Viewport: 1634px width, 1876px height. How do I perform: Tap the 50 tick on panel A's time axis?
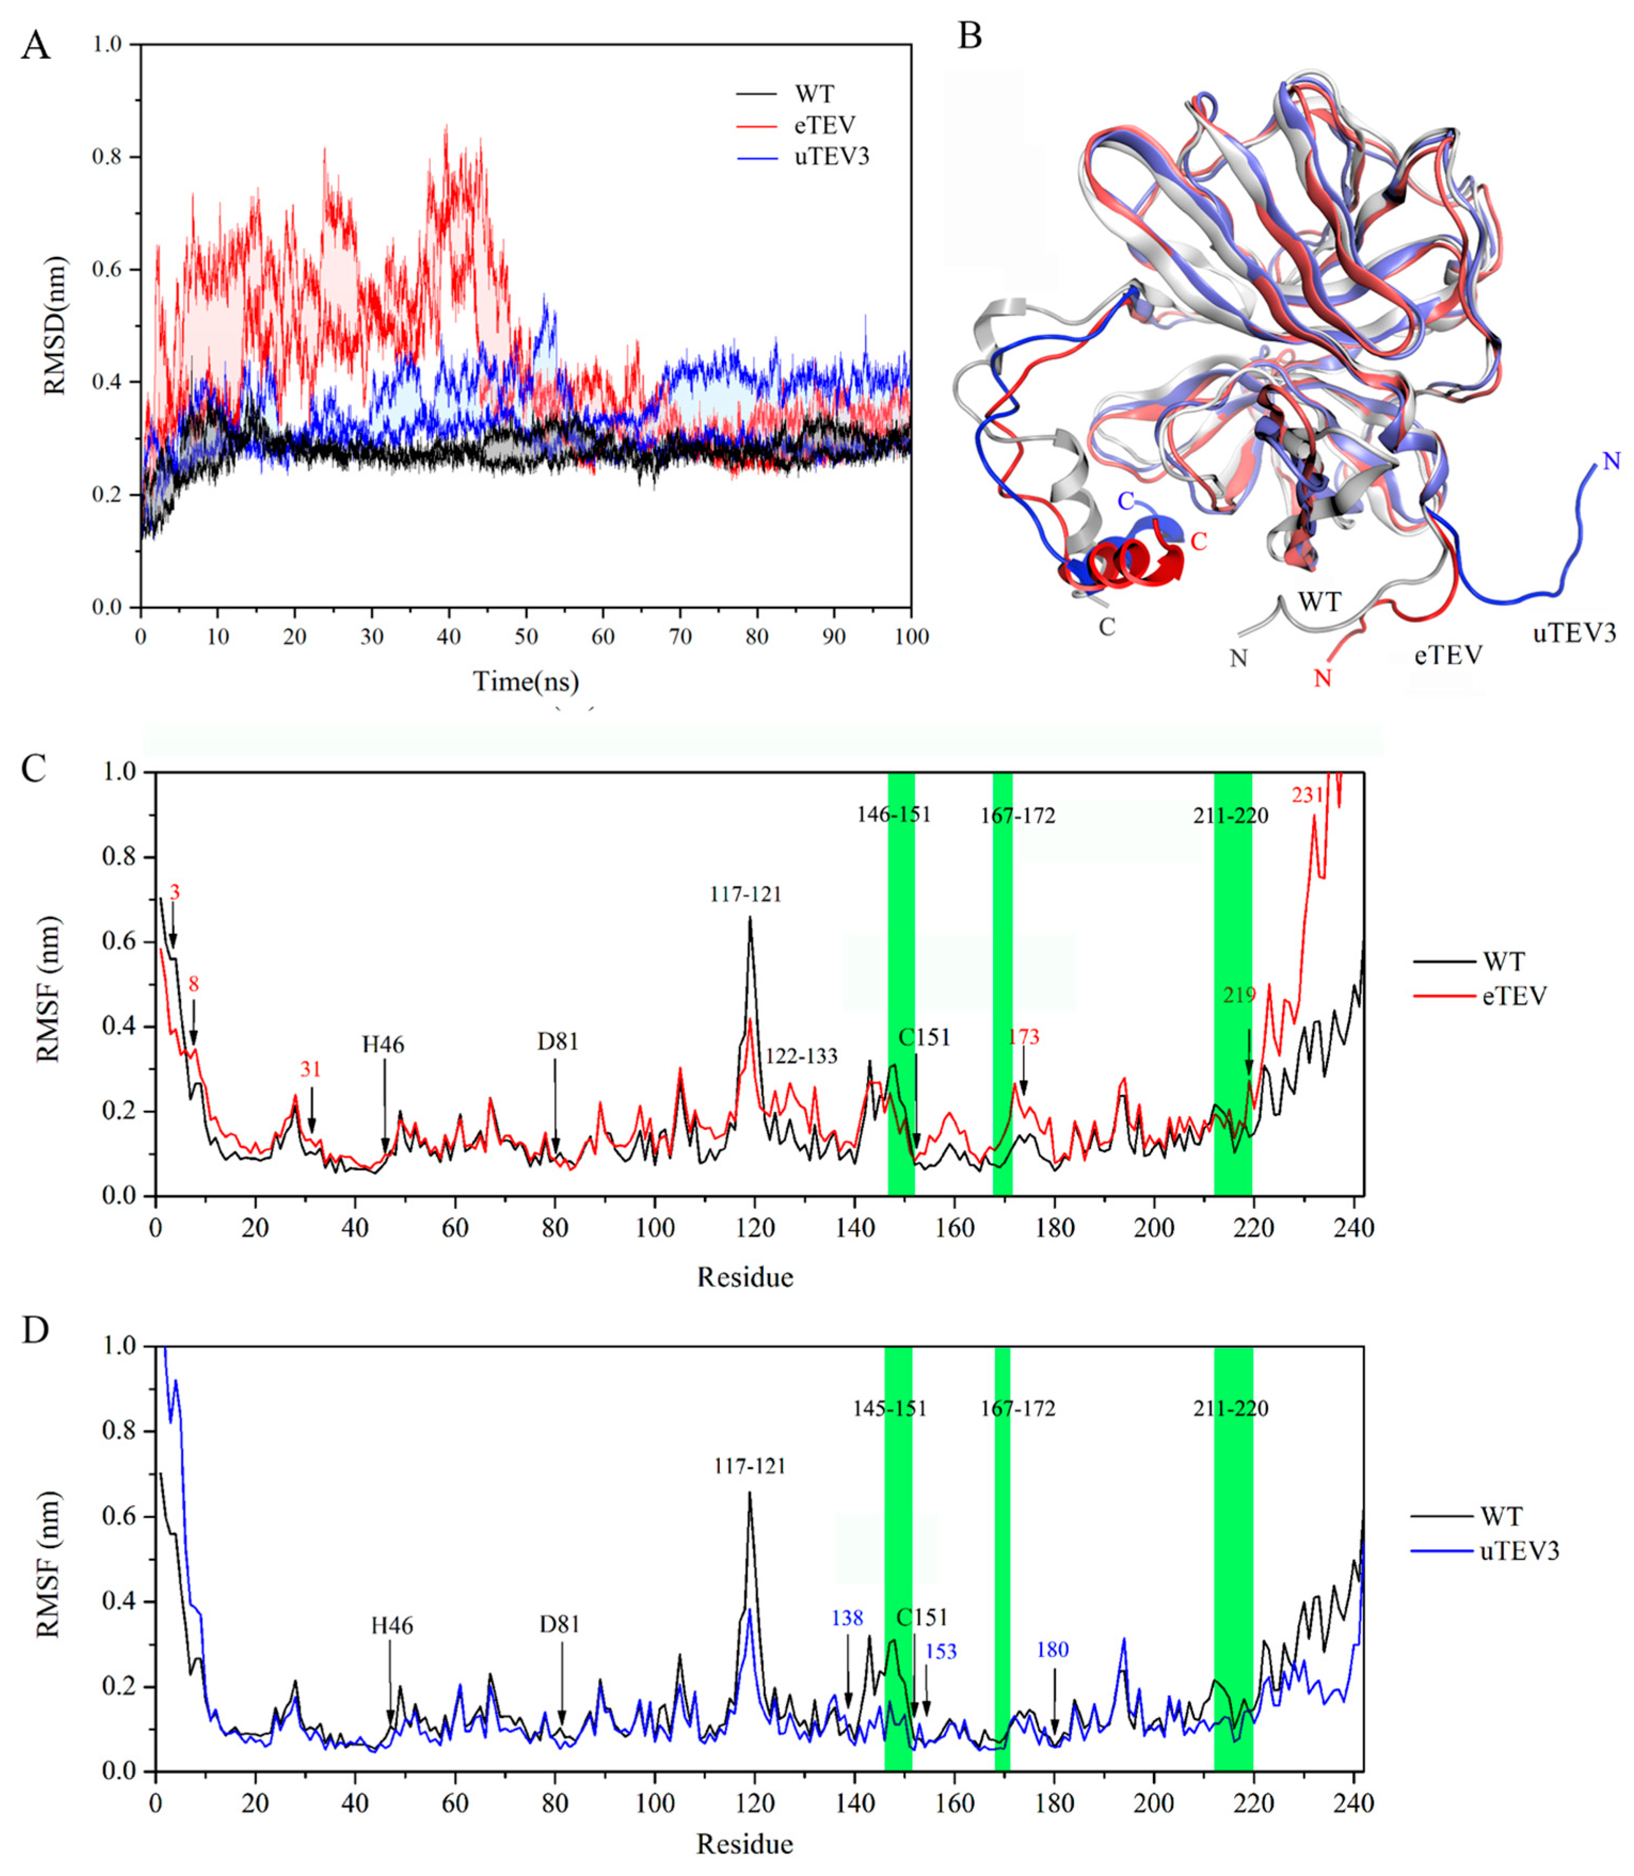[x=525, y=636]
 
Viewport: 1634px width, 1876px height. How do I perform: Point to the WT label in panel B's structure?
[x=1319, y=602]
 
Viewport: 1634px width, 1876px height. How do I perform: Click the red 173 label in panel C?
[x=1024, y=1037]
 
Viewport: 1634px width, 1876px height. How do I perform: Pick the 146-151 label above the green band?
[x=894, y=815]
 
